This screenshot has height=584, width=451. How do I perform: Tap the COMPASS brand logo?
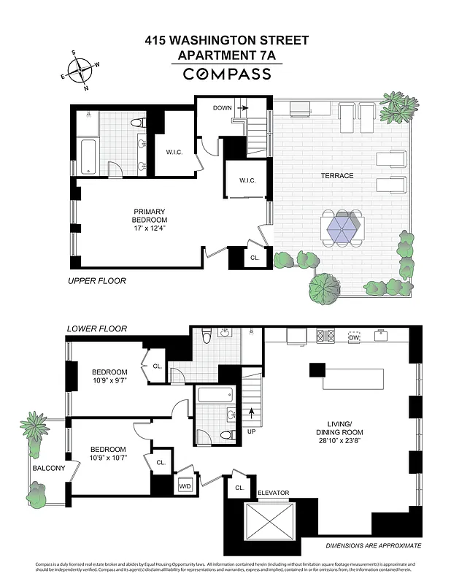(225, 74)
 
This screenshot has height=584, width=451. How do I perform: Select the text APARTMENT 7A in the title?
(225, 55)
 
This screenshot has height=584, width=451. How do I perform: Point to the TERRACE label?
(336, 176)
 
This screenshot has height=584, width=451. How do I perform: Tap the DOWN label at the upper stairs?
(222, 108)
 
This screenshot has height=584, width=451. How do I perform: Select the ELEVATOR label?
(273, 493)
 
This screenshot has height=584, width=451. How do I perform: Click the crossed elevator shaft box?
(273, 526)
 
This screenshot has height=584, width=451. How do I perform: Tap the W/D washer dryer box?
(185, 485)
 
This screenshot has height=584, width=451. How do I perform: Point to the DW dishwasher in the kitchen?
(353, 337)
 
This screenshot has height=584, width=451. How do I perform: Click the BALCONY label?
(48, 468)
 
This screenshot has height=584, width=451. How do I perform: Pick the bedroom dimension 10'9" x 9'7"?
(108, 380)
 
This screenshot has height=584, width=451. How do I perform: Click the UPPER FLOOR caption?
(97, 281)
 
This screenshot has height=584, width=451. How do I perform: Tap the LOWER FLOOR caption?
(97, 329)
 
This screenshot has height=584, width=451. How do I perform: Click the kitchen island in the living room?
(355, 379)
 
